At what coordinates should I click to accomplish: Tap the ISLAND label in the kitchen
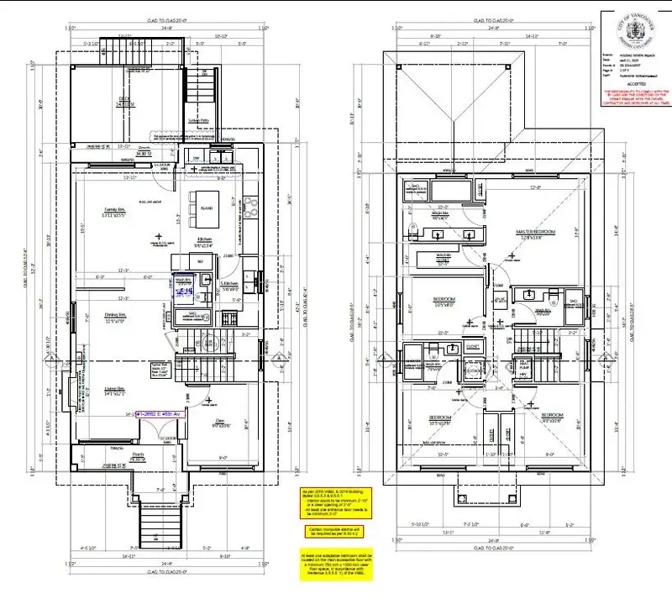click(206, 206)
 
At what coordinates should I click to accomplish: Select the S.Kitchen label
click(228, 285)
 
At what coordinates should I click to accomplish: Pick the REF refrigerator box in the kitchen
click(200, 262)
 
